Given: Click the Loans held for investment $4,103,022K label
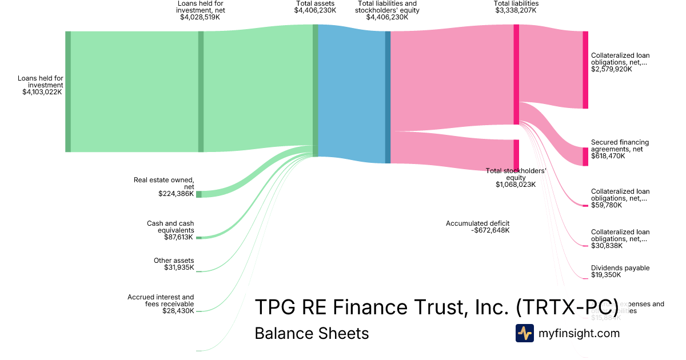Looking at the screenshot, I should tap(42, 85).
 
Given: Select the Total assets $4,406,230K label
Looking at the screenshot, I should tap(315, 7).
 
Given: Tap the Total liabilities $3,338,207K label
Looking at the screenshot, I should tap(516, 7).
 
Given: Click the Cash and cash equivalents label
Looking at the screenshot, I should tap(170, 230).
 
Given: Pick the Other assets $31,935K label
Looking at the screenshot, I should tap(174, 264).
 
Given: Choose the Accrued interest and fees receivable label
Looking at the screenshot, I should tap(161, 304).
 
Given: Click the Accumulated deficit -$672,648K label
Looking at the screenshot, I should tap(477, 227).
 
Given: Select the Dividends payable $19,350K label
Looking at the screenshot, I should tap(620, 271).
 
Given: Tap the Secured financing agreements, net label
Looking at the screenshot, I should tap(620, 149).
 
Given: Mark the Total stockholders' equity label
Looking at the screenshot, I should tap(516, 177).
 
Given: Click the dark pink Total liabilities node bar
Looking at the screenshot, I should tap(516, 74).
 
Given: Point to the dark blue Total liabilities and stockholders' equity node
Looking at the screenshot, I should tap(388, 97).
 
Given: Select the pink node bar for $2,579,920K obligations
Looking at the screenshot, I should tap(585, 70).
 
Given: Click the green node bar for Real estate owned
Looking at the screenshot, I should tap(198, 194).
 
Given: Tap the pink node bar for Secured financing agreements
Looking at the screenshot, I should tap(585, 157).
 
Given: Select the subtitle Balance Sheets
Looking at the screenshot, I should tap(312, 333).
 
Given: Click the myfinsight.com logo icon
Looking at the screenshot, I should tap(524, 333).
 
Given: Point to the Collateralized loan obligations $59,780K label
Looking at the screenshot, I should tap(620, 198).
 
